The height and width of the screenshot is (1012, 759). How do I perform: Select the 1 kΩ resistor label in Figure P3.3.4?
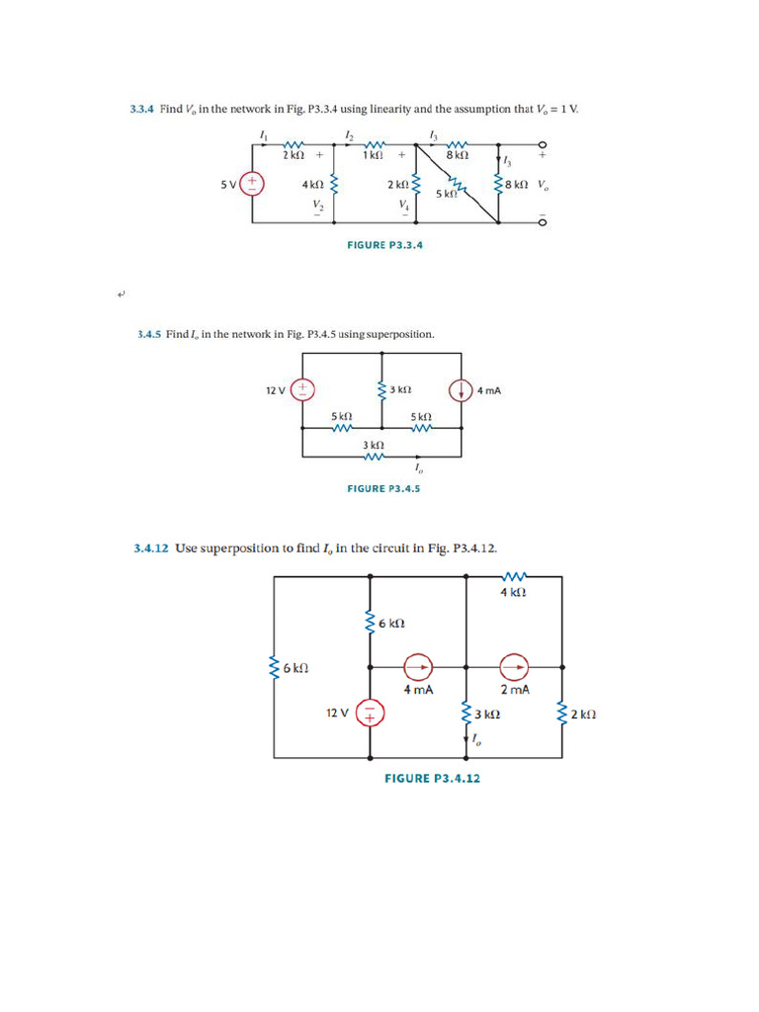[372, 155]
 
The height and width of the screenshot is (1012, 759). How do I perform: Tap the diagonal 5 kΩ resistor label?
[446, 195]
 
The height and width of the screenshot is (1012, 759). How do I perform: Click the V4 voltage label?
[403, 205]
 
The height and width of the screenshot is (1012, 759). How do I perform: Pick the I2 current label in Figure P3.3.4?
[349, 134]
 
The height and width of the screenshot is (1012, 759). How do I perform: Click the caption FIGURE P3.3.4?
[384, 245]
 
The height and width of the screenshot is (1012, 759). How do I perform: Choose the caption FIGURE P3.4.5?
[384, 487]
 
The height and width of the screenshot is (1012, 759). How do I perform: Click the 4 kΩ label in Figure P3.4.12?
[512, 593]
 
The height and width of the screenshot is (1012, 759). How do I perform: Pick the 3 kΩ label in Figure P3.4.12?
[485, 714]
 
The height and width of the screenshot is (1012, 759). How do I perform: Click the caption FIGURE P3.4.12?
[432, 779]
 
